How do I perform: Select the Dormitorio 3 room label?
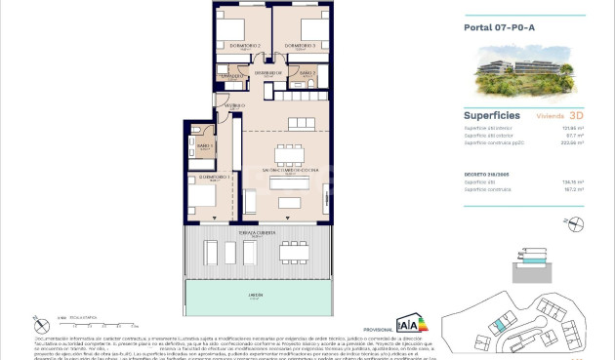pos(299,46)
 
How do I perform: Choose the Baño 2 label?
pos(307,73)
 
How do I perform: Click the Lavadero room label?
pos(230,75)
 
